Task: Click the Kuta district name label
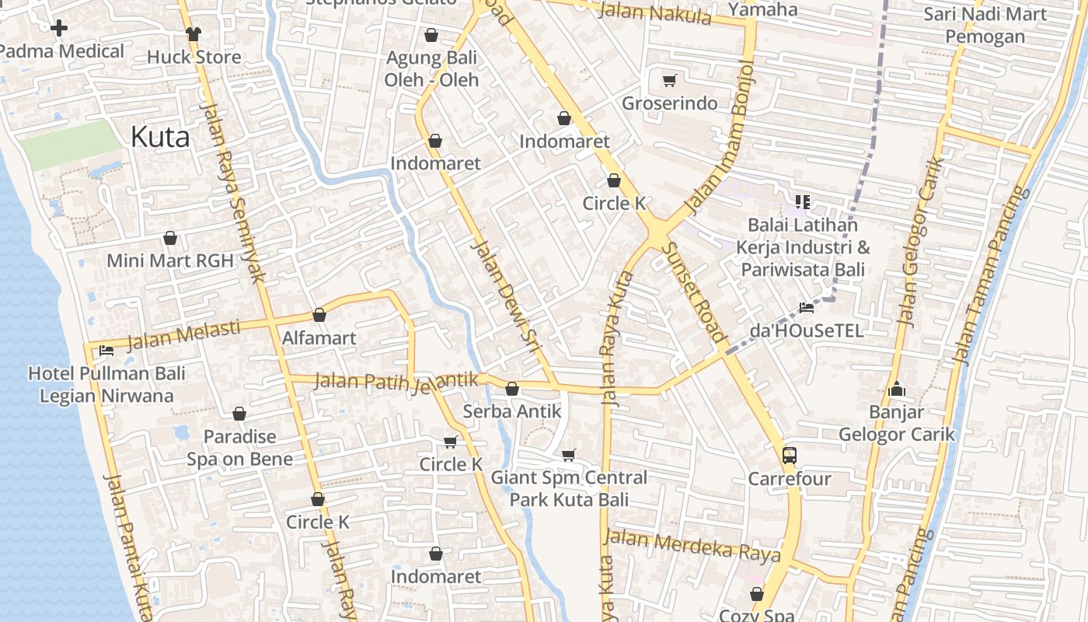160,137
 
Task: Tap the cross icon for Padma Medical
58,29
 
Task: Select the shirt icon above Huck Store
193,34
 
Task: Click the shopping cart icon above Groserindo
669,80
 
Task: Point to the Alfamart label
319,337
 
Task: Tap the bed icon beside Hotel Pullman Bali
106,350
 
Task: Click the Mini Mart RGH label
170,260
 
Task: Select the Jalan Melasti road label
183,335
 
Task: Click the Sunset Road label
693,294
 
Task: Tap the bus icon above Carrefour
789,456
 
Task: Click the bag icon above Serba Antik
511,389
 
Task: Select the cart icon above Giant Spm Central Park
569,454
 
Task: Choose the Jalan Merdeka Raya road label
692,545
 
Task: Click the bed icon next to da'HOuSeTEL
807,308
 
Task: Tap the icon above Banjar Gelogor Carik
896,389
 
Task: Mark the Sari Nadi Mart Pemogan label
985,25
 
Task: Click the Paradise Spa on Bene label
239,448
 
